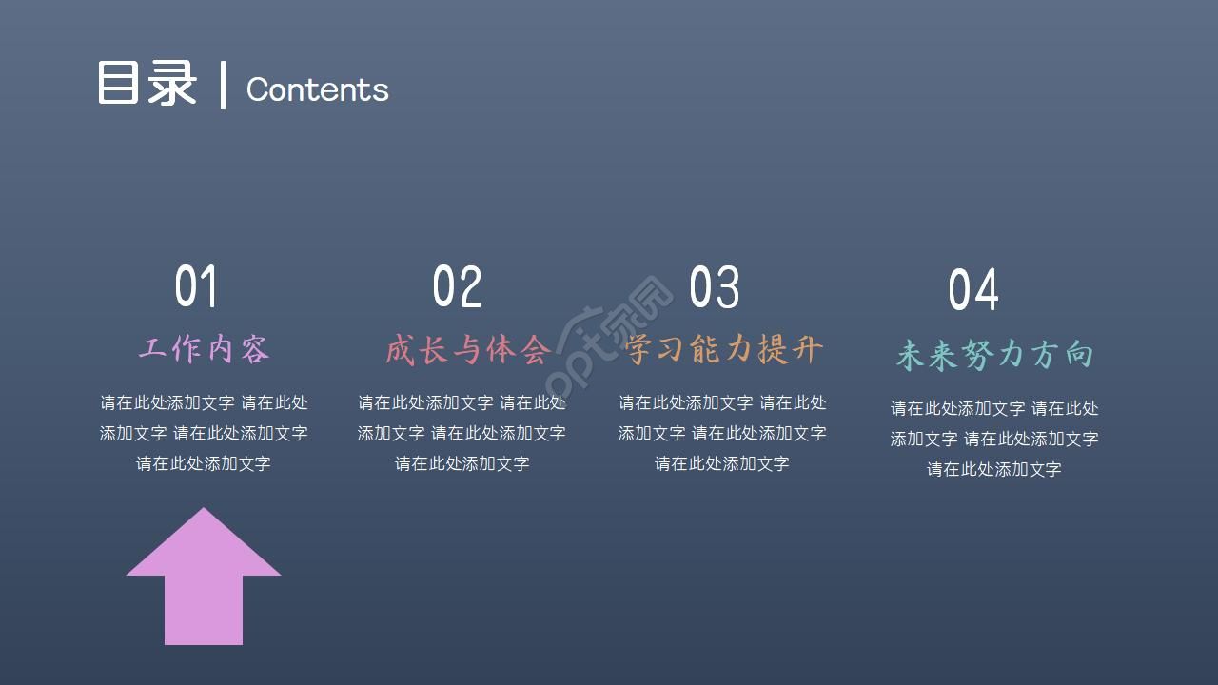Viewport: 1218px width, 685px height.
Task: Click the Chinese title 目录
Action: point(147,84)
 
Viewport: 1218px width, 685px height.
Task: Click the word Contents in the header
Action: point(317,89)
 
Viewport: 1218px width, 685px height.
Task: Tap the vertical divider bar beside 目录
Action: point(224,86)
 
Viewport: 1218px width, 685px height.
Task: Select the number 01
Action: point(196,286)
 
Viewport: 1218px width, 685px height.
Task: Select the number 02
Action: point(457,286)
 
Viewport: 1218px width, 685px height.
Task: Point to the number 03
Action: point(714,286)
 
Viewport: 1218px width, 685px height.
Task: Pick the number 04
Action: point(973,290)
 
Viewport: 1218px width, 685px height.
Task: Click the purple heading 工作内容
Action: point(204,349)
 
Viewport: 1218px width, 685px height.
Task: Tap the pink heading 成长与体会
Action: point(467,349)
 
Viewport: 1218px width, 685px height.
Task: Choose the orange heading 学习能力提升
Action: point(724,349)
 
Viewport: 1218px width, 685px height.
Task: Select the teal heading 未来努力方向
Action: point(994,355)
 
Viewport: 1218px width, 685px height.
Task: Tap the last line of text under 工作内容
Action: point(204,463)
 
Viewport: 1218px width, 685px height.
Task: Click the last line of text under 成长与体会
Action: point(462,463)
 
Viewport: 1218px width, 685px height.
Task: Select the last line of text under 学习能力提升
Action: point(722,463)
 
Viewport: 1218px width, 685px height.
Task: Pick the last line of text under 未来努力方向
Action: point(994,469)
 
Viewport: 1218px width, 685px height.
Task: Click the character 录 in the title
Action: point(172,84)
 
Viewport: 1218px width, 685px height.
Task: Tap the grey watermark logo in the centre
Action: point(609,338)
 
